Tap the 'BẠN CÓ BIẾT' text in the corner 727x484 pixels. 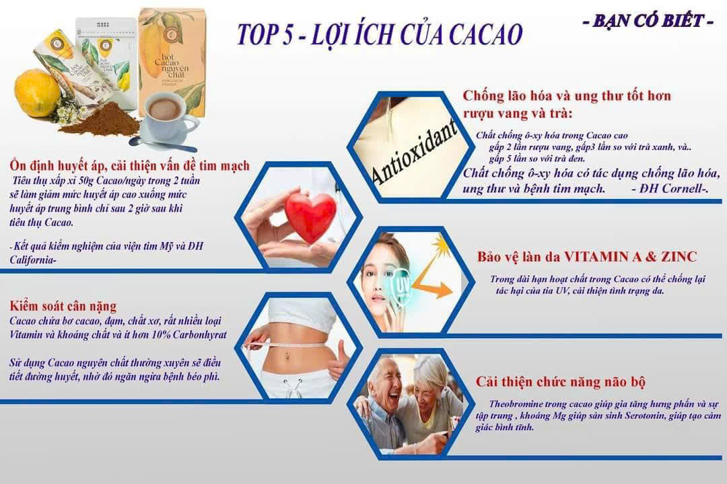[648, 21]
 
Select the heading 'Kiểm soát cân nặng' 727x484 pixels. [63, 307]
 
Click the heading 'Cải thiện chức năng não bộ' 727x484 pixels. [561, 382]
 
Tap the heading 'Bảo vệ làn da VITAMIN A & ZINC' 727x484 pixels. [586, 257]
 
